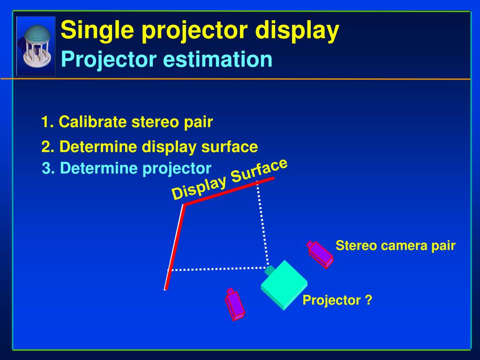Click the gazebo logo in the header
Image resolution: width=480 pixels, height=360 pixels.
[x=36, y=46]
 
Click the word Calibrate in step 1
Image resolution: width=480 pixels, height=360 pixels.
[x=93, y=122]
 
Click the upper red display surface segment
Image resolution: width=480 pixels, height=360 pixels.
[x=229, y=191]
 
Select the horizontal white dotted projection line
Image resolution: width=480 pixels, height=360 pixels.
[x=218, y=269]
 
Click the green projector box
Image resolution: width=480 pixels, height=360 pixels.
[x=284, y=285]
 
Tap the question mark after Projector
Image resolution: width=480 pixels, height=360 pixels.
[x=368, y=300]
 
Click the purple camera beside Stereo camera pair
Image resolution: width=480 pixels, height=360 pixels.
[x=320, y=255]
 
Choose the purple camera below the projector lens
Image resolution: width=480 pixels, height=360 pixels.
[x=234, y=304]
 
